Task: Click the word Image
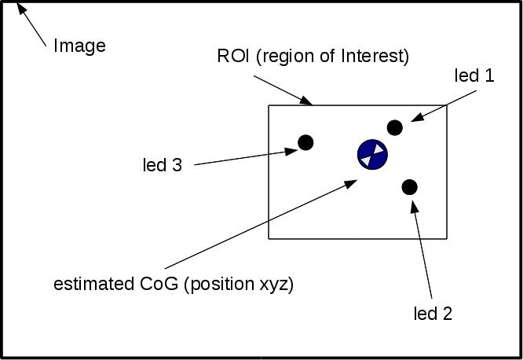(x=79, y=46)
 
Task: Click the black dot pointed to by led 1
(x=395, y=127)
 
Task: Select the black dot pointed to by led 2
(x=409, y=187)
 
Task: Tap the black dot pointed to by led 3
(x=305, y=142)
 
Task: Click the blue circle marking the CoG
(x=372, y=154)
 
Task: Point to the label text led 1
(x=474, y=75)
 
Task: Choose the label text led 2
(x=433, y=314)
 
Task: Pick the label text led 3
(x=162, y=165)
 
